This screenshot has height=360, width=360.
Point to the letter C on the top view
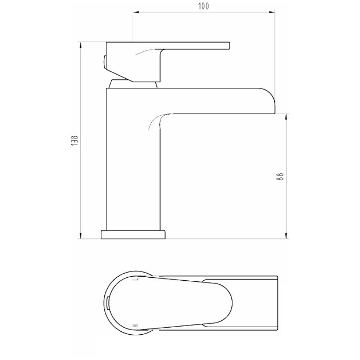[135, 279]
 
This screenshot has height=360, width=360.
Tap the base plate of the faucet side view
[134, 234]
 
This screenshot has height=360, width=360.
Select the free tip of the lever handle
[228, 45]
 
